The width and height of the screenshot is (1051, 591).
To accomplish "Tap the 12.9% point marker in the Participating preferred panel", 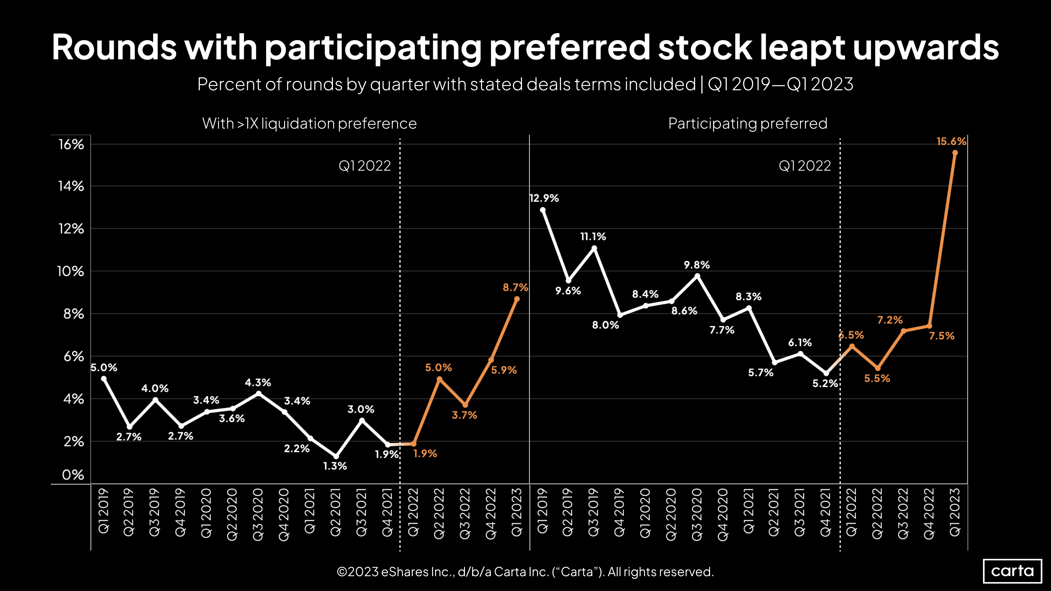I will click(x=543, y=210).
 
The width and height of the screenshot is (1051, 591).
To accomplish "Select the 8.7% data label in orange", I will click(x=515, y=287).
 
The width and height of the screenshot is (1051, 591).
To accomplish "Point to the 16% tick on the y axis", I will click(x=71, y=144).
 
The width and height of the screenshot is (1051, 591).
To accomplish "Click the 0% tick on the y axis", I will click(x=73, y=474).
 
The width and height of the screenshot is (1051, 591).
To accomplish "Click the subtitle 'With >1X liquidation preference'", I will click(x=309, y=123).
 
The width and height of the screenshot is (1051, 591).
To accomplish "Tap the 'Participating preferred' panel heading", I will click(x=747, y=123).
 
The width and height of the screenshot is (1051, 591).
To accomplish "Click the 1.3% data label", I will click(x=335, y=466).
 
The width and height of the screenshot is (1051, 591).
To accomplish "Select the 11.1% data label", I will click(x=593, y=236).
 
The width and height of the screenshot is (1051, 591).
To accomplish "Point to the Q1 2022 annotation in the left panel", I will click(x=364, y=166).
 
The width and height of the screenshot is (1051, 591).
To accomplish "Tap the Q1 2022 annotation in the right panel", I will click(x=805, y=166).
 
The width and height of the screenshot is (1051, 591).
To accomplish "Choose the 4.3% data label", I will click(x=257, y=383).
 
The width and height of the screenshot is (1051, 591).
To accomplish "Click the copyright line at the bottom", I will click(x=525, y=572).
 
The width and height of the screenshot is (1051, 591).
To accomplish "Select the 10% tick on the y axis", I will click(x=70, y=271).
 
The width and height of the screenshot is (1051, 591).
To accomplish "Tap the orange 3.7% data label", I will click(x=464, y=415).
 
